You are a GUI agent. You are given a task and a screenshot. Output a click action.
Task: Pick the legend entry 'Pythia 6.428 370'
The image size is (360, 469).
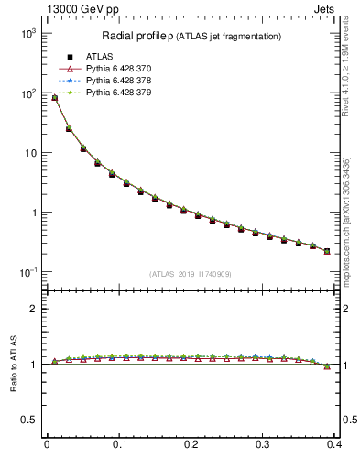(x=92, y=70)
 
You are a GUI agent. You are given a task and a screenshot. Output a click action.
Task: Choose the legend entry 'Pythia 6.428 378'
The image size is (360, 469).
(x=92, y=82)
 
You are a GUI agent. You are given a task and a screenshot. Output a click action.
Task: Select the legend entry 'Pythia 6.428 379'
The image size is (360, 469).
(x=92, y=93)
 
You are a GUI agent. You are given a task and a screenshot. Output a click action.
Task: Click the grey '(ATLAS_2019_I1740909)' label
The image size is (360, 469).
(x=191, y=274)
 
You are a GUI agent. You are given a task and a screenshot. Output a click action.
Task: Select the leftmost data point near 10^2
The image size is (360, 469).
(x=54, y=98)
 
